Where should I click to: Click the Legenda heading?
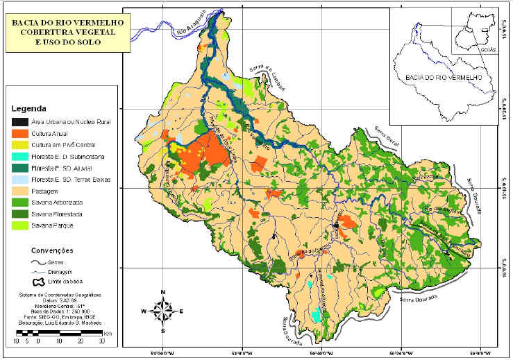click(28, 109)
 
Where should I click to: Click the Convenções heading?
click(52, 250)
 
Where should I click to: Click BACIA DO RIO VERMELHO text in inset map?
click(443, 78)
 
